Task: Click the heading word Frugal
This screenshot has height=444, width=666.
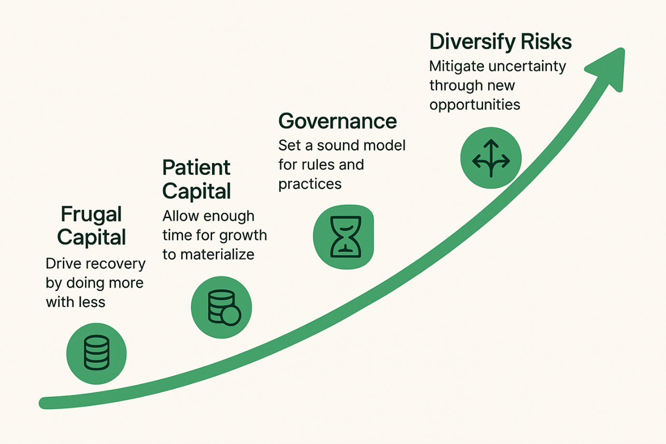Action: point(91,215)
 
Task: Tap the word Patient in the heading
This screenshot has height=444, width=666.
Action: point(196,168)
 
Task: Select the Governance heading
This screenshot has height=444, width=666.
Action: point(337,121)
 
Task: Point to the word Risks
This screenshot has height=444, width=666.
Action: point(546,42)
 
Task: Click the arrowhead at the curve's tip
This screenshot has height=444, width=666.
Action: point(609,68)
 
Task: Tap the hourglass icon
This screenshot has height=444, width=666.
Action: point(344,237)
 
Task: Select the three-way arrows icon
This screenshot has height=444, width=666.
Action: point(491,158)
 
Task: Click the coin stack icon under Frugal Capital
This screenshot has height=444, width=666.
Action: point(97,353)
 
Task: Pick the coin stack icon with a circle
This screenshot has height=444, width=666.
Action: point(222,307)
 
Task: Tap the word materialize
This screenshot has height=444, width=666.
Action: point(217,255)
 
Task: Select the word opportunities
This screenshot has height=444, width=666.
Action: point(475,105)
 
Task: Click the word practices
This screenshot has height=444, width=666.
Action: point(310,184)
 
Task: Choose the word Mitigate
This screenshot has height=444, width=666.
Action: point(456,66)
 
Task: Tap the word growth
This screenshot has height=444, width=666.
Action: point(245,235)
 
